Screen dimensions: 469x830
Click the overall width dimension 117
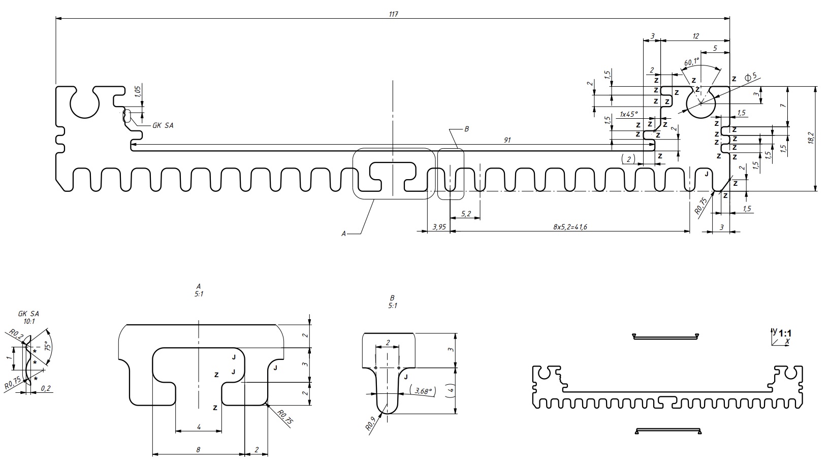393,14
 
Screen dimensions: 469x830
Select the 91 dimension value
507,141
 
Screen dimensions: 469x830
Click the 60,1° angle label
692,62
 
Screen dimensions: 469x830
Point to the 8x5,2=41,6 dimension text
570,227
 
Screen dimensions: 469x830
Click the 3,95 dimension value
439,227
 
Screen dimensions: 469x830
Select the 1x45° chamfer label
628,114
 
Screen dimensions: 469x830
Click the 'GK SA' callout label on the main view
163,125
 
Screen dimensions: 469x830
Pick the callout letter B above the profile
466,129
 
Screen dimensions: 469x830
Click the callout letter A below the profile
344,233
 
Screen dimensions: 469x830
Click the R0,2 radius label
13,334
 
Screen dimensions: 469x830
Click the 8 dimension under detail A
199,450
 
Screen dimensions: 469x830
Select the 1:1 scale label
785,333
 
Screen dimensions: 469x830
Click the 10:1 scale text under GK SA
29,321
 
